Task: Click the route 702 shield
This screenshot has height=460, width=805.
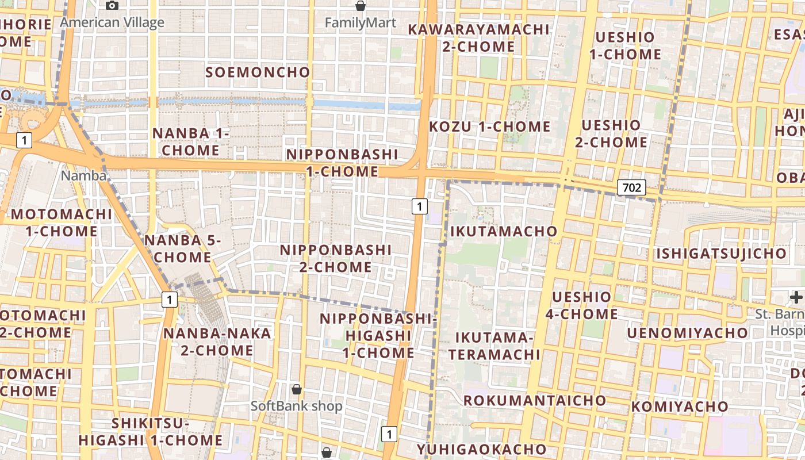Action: coord(631,187)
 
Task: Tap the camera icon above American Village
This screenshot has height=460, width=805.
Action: coord(112,6)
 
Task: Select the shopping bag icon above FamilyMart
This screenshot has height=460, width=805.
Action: coord(361,6)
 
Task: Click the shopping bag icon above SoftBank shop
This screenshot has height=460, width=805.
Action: coord(297,389)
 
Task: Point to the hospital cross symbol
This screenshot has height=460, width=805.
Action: coord(796,297)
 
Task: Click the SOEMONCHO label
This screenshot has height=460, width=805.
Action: coord(258,72)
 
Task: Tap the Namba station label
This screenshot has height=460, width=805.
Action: coord(84,175)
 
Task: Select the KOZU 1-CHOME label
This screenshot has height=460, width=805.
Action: coord(490,126)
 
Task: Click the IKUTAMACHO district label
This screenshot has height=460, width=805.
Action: coord(504,231)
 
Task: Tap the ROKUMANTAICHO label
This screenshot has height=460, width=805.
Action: coord(535,400)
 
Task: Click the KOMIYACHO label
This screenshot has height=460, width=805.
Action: coord(680,407)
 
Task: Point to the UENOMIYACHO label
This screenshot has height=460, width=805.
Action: coord(688,333)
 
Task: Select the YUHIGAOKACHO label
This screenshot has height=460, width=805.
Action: coord(482,449)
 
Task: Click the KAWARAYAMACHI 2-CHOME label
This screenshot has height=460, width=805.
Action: coord(478,37)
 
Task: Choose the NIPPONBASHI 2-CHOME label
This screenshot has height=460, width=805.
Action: coord(336,259)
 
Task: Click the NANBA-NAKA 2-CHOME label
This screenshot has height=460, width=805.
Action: coord(217,342)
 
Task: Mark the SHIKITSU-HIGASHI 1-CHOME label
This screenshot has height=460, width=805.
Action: coord(151,432)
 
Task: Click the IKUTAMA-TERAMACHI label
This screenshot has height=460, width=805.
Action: coord(494,346)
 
